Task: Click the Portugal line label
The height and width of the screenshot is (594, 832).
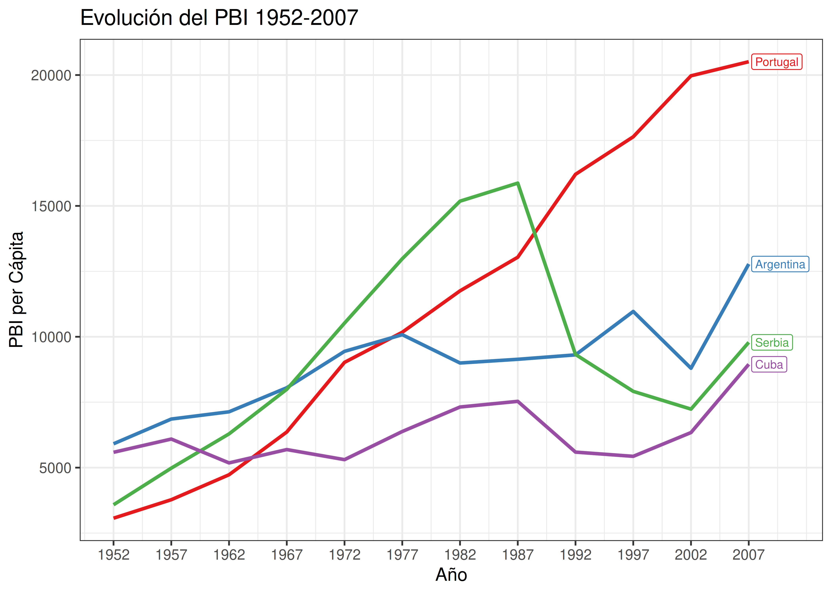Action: (x=776, y=62)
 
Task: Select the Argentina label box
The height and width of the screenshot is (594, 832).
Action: (x=780, y=264)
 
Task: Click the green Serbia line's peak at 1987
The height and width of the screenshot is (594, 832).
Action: (x=518, y=183)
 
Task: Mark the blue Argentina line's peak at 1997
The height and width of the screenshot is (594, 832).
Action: (x=633, y=311)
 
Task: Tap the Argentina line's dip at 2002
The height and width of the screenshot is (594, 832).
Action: (x=691, y=368)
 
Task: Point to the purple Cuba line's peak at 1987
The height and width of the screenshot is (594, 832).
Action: (x=518, y=401)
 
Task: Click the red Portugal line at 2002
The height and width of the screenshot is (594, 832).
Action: (x=691, y=76)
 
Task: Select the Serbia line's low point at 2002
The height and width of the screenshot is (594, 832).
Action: (x=691, y=409)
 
